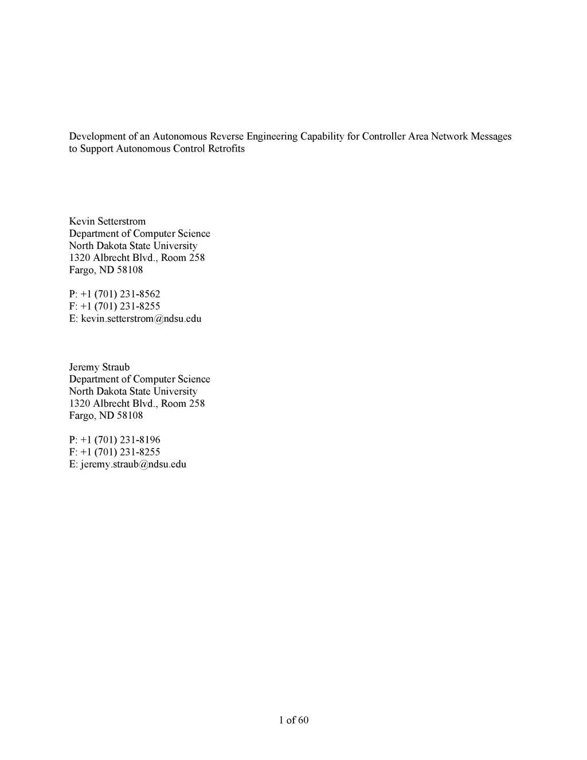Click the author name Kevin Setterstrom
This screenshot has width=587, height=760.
pyautogui.click(x=107, y=221)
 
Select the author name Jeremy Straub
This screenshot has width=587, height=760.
pyautogui.click(x=99, y=367)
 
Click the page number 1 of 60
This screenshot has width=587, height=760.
pyautogui.click(x=293, y=720)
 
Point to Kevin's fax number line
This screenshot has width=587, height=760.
pyautogui.click(x=115, y=306)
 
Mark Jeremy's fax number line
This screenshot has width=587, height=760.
pyautogui.click(x=115, y=452)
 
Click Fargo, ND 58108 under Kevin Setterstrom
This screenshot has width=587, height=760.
pyautogui.click(x=106, y=270)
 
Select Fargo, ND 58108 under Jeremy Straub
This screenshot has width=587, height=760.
pyautogui.click(x=106, y=415)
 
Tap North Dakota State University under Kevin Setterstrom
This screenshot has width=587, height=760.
pyautogui.click(x=133, y=245)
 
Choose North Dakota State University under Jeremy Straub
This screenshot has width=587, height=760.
pyautogui.click(x=133, y=391)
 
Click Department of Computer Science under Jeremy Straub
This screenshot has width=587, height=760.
pyautogui.click(x=139, y=379)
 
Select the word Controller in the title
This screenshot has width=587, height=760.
pyautogui.click(x=383, y=137)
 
